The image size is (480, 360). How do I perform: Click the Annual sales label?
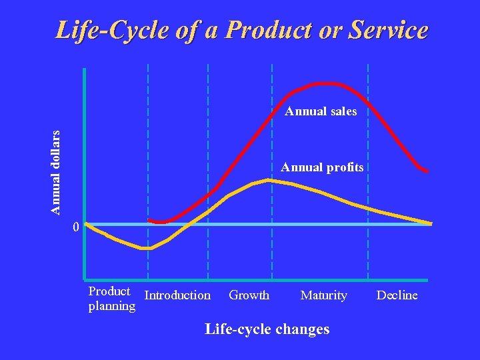point(321,111)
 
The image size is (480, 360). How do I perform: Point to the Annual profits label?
point(322,167)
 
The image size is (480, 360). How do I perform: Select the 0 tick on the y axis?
point(76,227)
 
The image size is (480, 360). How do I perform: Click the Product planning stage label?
point(111,299)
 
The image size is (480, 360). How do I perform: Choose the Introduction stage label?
point(177,295)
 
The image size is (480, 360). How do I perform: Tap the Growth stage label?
point(249,295)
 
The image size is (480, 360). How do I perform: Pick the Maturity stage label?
point(323,295)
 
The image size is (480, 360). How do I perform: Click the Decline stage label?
point(397,295)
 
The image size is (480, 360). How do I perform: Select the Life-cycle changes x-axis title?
point(267,329)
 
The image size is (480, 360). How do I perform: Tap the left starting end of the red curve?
point(150,220)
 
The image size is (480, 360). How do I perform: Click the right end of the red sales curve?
point(427,171)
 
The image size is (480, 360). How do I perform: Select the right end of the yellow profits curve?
point(430,223)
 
